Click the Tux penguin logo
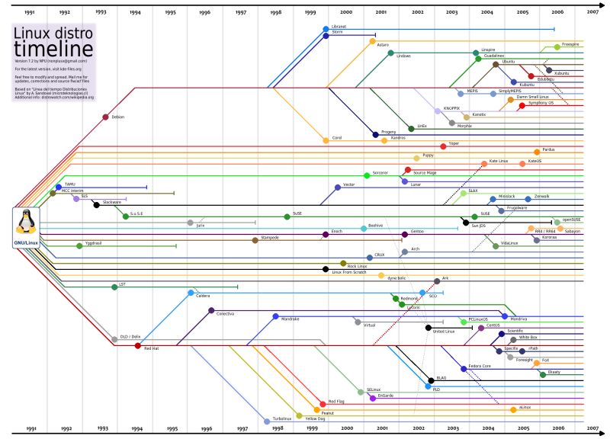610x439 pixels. (27, 223)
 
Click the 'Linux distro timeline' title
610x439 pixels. (53, 40)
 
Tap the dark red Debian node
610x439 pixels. (105, 117)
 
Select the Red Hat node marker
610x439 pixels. (137, 346)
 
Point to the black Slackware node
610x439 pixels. (97, 204)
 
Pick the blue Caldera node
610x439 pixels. (190, 293)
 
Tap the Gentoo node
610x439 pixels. (404, 233)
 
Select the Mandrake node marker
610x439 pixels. (274, 316)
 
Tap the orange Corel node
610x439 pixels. (326, 139)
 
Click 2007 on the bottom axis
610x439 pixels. (592, 430)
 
